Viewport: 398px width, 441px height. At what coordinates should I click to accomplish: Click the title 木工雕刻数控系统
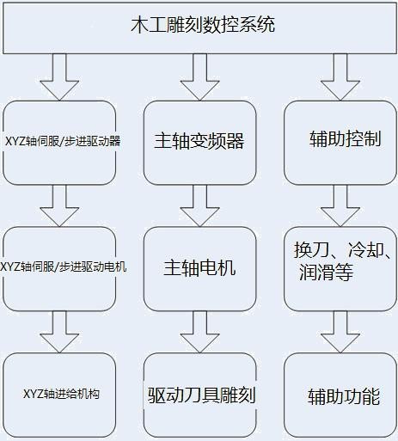(203, 25)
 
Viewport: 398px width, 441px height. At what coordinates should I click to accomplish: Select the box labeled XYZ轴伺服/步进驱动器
(59, 143)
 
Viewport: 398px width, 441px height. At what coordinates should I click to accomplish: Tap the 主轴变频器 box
(199, 143)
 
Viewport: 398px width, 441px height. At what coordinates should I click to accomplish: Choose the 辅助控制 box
(340, 143)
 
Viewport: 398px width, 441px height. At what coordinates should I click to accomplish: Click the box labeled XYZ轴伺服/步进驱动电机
(59, 269)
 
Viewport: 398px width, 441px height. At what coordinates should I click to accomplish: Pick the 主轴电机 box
(199, 269)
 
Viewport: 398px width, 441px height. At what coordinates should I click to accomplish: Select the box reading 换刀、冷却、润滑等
(340, 269)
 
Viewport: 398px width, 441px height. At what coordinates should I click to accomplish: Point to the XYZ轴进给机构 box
(59, 395)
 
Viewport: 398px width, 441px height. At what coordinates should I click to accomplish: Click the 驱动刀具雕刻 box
(199, 395)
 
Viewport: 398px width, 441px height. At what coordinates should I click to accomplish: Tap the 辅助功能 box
(340, 395)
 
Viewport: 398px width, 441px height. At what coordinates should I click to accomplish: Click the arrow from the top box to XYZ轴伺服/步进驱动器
(59, 77)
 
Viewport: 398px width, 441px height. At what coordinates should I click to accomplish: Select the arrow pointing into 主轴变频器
(199, 77)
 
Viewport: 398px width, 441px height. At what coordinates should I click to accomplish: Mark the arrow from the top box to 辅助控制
(340, 77)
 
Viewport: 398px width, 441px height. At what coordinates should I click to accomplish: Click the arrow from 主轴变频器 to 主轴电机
(199, 205)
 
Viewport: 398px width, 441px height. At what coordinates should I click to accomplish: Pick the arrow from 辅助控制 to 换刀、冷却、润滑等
(340, 205)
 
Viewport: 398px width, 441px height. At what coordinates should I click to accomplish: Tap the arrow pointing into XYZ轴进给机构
(59, 332)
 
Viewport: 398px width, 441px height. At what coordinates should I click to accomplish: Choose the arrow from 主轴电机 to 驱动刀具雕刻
(199, 332)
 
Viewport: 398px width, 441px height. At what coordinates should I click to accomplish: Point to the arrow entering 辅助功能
(340, 332)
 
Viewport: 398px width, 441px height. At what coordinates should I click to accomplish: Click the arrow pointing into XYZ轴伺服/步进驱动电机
(59, 205)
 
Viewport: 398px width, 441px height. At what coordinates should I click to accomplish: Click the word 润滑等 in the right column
(326, 272)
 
